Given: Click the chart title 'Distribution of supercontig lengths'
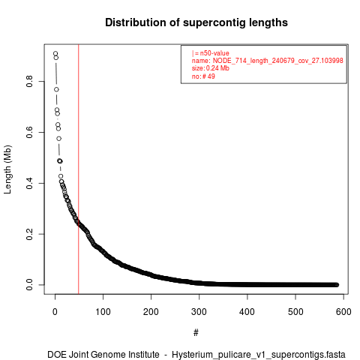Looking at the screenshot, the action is tap(196, 22).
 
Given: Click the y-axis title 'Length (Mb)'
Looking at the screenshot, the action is tap(7, 169).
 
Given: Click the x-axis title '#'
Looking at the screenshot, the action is tap(196, 332).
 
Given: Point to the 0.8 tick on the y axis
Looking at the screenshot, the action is tap(29, 82).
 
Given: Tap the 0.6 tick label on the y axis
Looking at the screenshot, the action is tap(29, 132).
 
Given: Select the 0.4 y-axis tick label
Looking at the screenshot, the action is tap(29, 183).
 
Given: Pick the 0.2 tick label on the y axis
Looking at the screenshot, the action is tap(29, 234).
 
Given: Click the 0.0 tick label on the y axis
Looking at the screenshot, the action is tap(29, 285).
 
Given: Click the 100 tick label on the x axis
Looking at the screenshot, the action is tap(103, 312).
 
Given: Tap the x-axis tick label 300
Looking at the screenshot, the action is tap(199, 312).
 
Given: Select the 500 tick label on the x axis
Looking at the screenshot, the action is tap(295, 312).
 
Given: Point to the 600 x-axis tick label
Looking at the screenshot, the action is tap(343, 312).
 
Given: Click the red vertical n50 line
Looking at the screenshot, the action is tap(79, 169).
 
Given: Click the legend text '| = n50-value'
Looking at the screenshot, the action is tap(211, 53).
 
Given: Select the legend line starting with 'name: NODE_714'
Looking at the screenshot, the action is tap(268, 61).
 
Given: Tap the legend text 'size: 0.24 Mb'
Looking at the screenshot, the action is tap(211, 68).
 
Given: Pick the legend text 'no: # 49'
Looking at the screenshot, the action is tap(203, 76).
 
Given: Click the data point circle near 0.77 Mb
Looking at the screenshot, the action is tap(56, 89).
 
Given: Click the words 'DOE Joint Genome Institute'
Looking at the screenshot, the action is tap(103, 355).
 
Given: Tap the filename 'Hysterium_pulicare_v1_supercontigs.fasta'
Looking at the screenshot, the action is tap(259, 355).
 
